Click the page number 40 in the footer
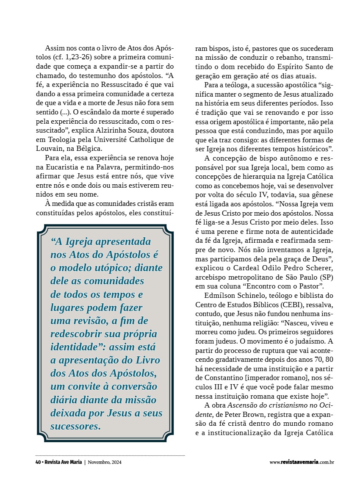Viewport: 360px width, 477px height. (38, 462)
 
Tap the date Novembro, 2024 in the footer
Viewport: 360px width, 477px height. (105, 462)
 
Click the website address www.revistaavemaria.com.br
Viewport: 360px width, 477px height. (302, 462)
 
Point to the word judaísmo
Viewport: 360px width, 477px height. (305, 341)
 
